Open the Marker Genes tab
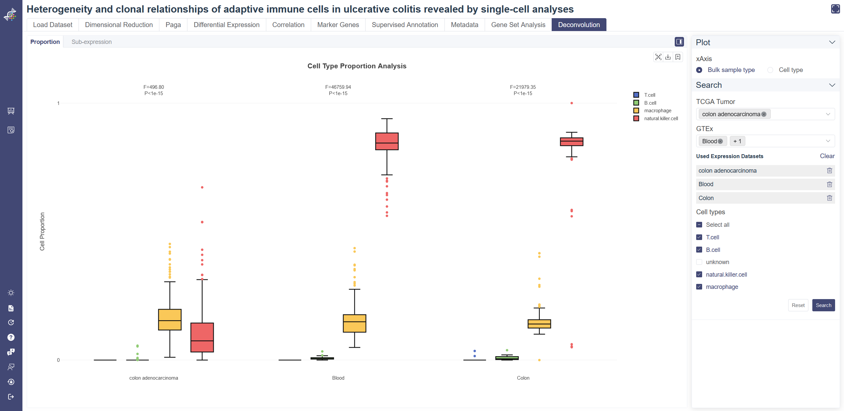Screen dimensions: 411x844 [338, 25]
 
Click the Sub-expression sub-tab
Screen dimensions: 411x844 [91, 42]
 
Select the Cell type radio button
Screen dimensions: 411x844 [770, 70]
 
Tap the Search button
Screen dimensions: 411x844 [823, 305]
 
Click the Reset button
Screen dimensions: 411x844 [798, 305]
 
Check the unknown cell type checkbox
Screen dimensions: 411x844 [699, 262]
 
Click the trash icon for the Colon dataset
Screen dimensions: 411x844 [829, 198]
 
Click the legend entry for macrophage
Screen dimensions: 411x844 [657, 111]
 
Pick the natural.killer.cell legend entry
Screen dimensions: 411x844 [661, 119]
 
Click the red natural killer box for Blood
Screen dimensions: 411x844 [387, 141]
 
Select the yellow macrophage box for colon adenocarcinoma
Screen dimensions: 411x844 [170, 320]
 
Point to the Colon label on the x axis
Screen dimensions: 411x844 [523, 378]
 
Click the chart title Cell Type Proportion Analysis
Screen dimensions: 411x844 [357, 66]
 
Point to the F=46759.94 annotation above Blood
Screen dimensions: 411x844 [338, 87]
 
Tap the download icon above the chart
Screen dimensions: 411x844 [668, 57]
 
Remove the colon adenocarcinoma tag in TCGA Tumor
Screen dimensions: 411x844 [764, 114]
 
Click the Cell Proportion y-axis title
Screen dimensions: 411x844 [42, 231]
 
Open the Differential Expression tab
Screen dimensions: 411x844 [226, 25]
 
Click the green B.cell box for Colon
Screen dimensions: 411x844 [507, 358]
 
